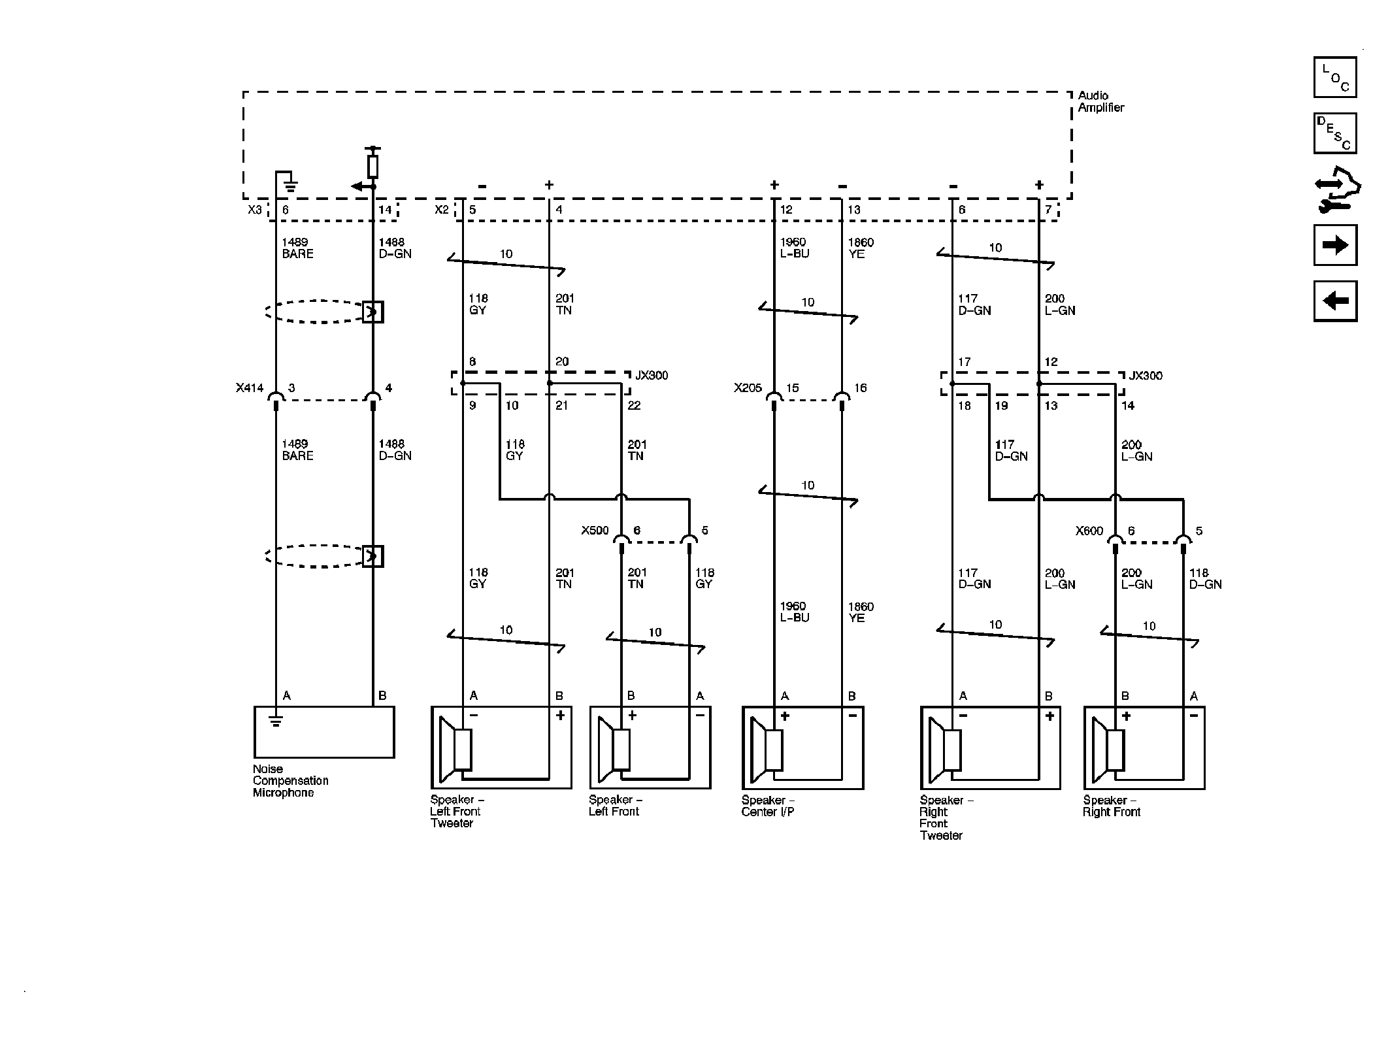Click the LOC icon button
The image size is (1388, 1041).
1334,78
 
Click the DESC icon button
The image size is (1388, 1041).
1334,133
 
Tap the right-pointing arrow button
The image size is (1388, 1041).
1334,245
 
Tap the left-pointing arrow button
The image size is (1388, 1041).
1334,301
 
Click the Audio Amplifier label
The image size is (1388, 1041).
1100,101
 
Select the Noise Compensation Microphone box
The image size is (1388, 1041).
323,732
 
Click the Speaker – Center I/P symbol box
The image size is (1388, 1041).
802,748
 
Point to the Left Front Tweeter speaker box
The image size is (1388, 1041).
501,748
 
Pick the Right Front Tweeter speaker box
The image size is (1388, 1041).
990,748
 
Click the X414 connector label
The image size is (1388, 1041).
250,388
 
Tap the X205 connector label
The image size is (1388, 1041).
748,388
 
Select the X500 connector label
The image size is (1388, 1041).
595,531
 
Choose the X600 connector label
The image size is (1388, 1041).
1089,531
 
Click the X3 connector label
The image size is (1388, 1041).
254,210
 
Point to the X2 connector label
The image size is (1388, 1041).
442,210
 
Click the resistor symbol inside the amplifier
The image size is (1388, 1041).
372,167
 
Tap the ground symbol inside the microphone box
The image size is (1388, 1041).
276,721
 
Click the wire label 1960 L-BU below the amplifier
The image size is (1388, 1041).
794,248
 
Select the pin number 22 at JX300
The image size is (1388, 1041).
634,406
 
